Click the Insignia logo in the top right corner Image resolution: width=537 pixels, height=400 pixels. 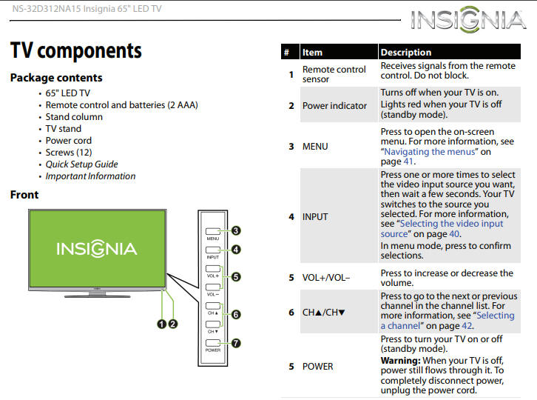[x=469, y=20]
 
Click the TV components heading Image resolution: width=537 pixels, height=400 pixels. [x=75, y=51]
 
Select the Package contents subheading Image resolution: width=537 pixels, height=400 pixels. [x=56, y=78]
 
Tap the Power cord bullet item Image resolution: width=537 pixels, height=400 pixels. [x=69, y=141]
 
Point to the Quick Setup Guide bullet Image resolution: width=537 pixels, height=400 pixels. [x=81, y=164]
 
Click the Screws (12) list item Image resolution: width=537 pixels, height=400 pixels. [x=69, y=153]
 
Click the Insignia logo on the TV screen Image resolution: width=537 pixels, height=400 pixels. [x=97, y=248]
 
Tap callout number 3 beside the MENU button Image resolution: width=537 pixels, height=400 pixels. [x=235, y=230]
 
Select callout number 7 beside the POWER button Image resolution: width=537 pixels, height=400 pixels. [x=235, y=343]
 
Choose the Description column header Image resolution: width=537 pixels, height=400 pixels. [x=405, y=53]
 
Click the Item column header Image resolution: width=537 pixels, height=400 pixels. [x=313, y=53]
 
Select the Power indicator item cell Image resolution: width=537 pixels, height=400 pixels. [x=334, y=106]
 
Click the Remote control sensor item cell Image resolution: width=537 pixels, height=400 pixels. [x=334, y=74]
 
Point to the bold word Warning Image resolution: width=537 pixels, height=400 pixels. [x=400, y=361]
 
